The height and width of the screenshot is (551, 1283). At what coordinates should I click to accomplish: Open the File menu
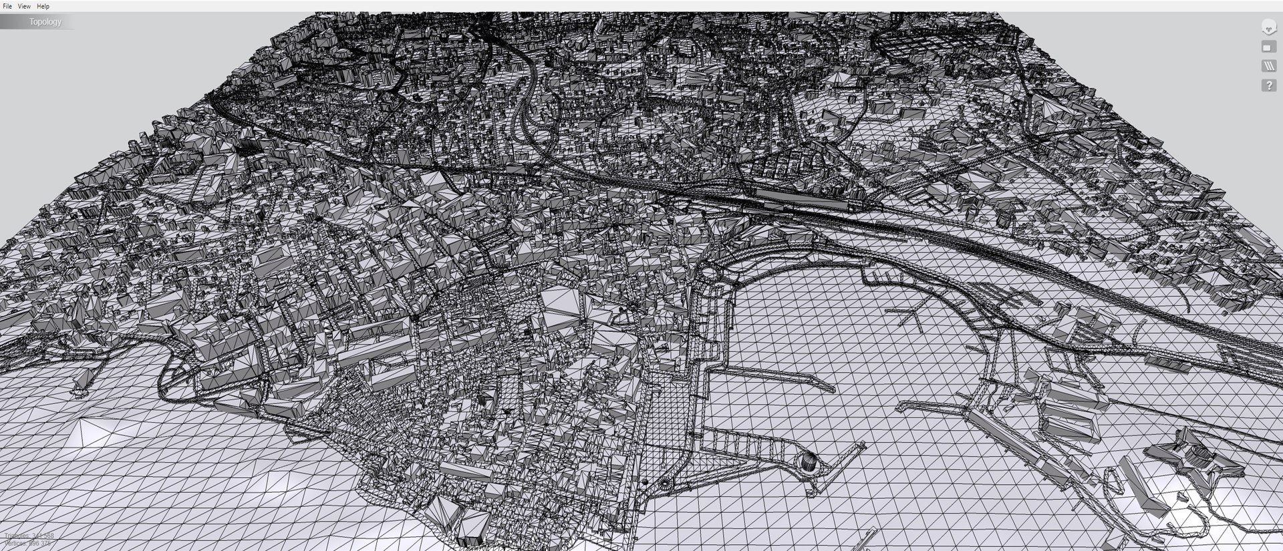7,6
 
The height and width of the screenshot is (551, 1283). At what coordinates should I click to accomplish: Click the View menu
24,6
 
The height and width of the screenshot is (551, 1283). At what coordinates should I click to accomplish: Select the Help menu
43,6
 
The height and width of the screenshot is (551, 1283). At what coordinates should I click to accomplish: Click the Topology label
45,22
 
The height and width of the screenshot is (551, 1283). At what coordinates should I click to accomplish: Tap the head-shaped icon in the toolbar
1268,27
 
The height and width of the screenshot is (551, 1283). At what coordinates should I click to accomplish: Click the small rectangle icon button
1268,47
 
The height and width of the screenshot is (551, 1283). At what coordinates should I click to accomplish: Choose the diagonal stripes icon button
1268,66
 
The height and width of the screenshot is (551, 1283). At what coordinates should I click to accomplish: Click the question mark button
1268,85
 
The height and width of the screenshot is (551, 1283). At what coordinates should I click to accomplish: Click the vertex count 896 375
39,544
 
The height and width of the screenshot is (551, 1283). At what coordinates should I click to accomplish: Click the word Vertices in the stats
15,544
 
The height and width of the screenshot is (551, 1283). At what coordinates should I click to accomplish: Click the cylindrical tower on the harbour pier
808,461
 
